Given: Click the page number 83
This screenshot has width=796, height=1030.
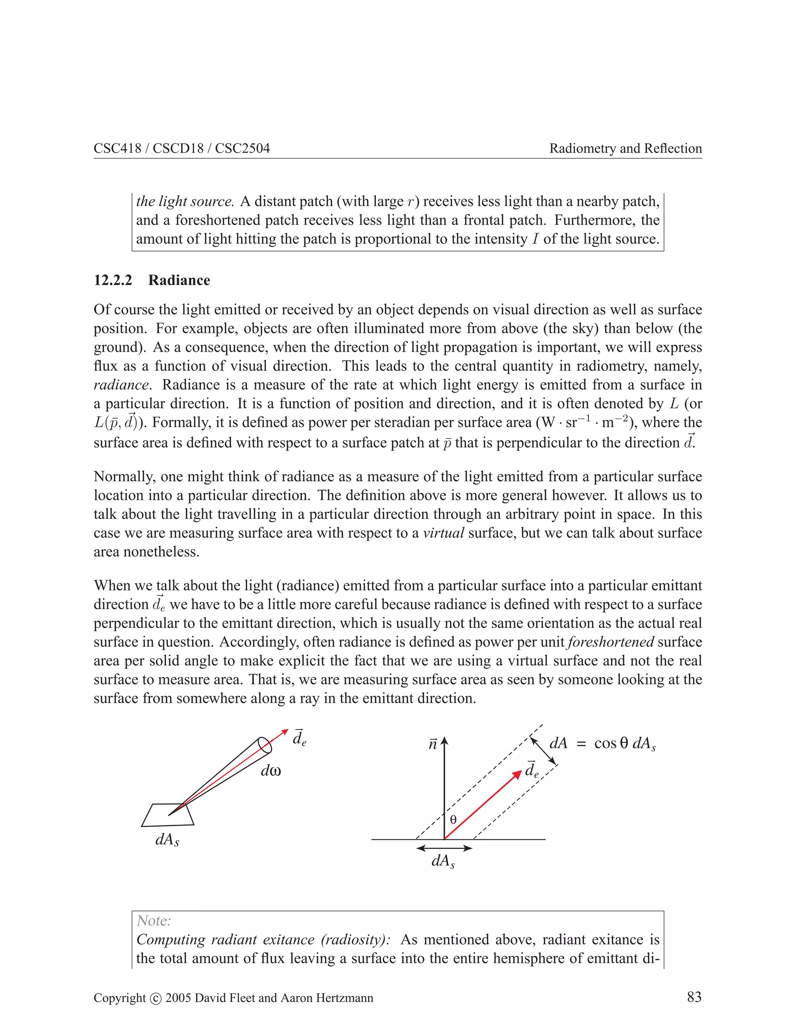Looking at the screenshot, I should [x=694, y=997].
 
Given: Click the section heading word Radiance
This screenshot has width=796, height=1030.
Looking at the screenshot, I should [x=179, y=280].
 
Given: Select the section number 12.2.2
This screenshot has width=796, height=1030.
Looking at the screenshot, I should [x=113, y=280].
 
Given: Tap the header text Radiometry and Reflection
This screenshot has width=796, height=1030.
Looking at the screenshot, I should [x=625, y=148].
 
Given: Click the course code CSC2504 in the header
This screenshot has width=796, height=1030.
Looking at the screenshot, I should [x=243, y=148].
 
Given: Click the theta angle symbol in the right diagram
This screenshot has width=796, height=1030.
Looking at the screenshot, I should [x=453, y=820].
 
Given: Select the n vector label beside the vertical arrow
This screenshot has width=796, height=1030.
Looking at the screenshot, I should [x=433, y=744].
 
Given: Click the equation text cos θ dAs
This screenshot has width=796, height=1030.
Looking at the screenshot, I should [x=625, y=744].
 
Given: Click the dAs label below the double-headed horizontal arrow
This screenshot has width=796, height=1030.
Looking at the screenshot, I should [x=443, y=861].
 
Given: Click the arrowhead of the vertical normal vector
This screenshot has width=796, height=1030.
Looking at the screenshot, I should [x=444, y=741].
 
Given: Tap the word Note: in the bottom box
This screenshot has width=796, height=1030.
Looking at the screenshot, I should [x=154, y=920].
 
